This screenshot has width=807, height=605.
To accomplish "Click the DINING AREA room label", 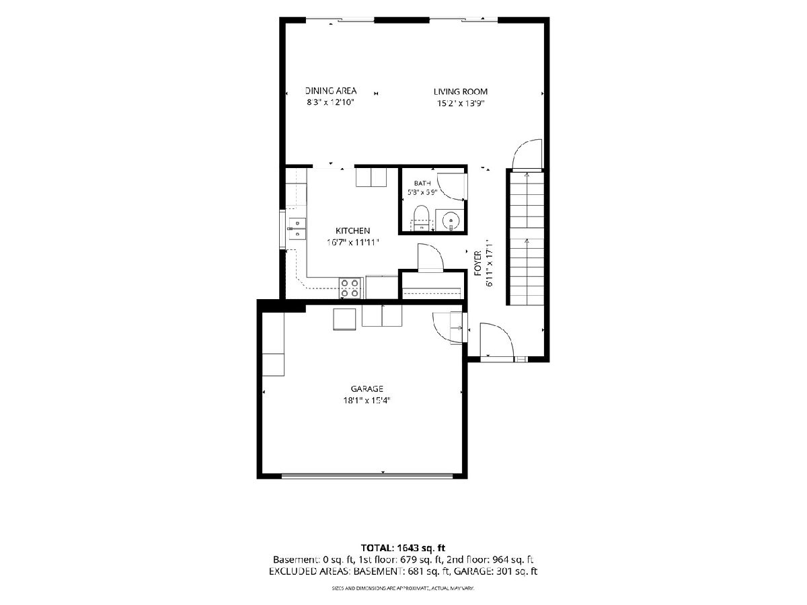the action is pos(330,90).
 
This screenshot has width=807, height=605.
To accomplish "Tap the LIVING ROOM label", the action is pos(460,91).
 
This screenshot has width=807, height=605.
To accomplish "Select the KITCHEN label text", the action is pos(352,231).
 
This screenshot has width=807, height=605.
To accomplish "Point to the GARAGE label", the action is pos(367,389).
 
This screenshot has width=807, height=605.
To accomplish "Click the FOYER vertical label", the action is pos(477,263).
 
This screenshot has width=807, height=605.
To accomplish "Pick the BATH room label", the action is pos(422,183).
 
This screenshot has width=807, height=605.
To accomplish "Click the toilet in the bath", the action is pos(422,218).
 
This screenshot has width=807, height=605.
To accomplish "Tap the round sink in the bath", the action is pos(451,220).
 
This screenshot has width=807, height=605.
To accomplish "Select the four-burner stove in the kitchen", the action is pos(349,288).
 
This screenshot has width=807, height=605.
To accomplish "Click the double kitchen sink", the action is pos(297,229).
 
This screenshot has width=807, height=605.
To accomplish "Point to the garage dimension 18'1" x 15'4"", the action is pos(367,401).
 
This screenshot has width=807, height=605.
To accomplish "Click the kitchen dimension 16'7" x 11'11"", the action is pos(352,243).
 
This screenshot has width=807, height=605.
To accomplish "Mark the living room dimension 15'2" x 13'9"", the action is pos(460,104).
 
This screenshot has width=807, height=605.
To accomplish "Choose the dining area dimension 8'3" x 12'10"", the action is pos(330,102).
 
